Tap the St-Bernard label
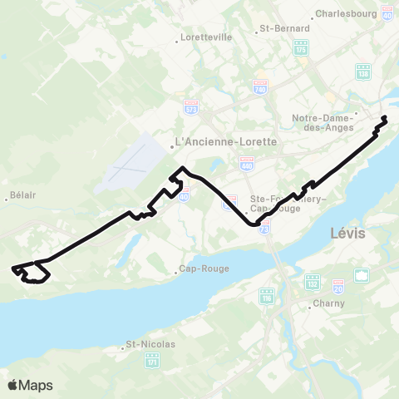click(278, 27)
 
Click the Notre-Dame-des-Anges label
click(323, 122)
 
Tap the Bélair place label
click(19, 197)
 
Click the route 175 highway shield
click(301, 46)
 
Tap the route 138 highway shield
click(362, 72)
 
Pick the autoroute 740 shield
click(260, 86)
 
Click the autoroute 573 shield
click(191, 106)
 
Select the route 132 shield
click(312, 282)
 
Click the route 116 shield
click(268, 298)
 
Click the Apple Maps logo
click(29, 385)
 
